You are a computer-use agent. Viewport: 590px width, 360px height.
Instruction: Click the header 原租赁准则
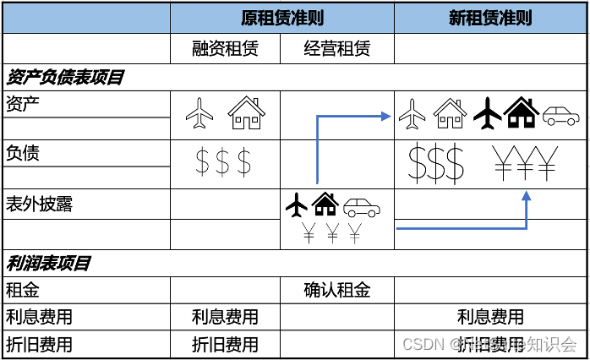tap(281, 18)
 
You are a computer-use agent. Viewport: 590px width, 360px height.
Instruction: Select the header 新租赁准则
tap(490, 18)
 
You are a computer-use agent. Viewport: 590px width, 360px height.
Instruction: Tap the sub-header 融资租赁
tap(225, 48)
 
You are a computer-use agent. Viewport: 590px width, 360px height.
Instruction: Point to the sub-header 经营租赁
tap(336, 48)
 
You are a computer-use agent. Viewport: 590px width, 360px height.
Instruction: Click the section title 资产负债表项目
tap(65, 78)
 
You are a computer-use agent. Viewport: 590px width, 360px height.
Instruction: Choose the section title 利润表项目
tap(48, 263)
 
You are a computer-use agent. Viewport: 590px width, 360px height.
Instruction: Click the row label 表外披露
tap(39, 204)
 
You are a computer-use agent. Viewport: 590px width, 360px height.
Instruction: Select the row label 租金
tap(23, 291)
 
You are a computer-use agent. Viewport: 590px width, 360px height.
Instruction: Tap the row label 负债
tap(23, 154)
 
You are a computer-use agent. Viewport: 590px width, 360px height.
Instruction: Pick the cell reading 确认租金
tap(336, 291)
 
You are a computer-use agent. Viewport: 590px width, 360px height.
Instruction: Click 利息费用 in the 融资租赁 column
tap(225, 318)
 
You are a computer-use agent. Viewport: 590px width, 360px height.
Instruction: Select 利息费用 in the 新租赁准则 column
tap(490, 318)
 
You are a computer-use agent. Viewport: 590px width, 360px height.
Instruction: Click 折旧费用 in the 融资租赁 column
tap(225, 345)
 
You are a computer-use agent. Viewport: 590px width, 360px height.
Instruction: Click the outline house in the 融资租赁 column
tap(247, 112)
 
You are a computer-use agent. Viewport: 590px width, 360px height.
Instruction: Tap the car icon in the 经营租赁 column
tap(362, 205)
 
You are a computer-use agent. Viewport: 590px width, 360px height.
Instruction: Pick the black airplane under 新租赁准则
tap(487, 112)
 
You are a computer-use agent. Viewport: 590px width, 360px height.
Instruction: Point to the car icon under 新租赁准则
tap(561, 115)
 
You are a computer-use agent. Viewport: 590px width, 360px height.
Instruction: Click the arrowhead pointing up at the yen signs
tap(526, 197)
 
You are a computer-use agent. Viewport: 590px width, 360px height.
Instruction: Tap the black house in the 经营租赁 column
tap(325, 204)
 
